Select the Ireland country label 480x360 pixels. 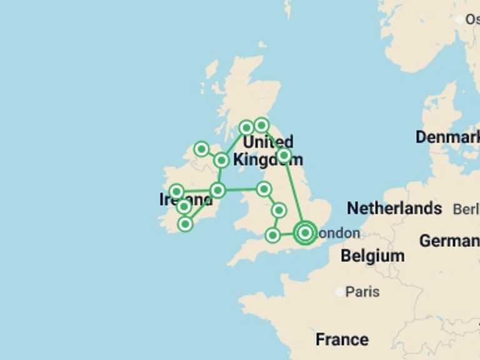[186, 199]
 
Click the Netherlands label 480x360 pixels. [394, 208]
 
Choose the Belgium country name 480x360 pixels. [372, 256]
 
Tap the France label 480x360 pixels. [342, 339]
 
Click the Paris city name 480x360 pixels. [362, 292]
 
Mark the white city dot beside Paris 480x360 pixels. [339, 292]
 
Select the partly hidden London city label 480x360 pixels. [338, 234]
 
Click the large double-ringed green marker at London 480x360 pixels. [305, 232]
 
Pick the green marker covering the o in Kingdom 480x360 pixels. [284, 155]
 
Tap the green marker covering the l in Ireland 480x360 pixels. [184, 206]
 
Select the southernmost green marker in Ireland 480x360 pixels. [185, 223]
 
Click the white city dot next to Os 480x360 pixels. [460, 20]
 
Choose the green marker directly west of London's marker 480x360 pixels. [272, 235]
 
